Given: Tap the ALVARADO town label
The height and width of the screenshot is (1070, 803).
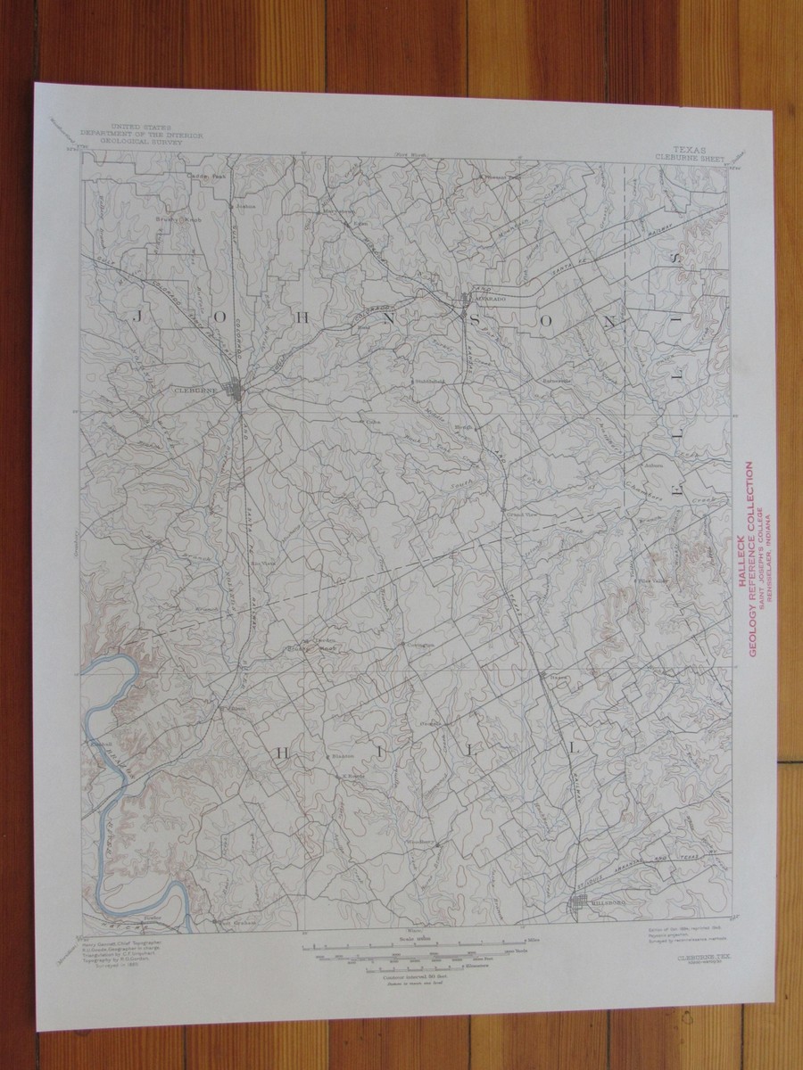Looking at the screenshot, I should [488, 300].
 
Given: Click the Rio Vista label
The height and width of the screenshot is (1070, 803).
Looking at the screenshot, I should [262, 564].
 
